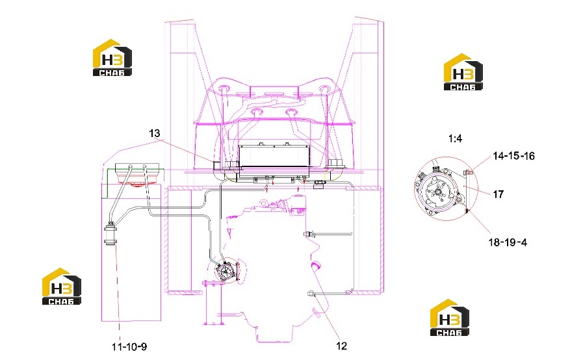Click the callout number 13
click(155, 133)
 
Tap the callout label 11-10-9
click(129, 346)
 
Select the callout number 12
click(342, 346)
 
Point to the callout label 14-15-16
click(513, 156)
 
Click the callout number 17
click(499, 194)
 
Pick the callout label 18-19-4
click(508, 242)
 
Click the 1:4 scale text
click(455, 138)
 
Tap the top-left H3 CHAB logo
click(112, 58)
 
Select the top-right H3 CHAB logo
click(463, 72)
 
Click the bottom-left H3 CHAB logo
click(62, 287)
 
